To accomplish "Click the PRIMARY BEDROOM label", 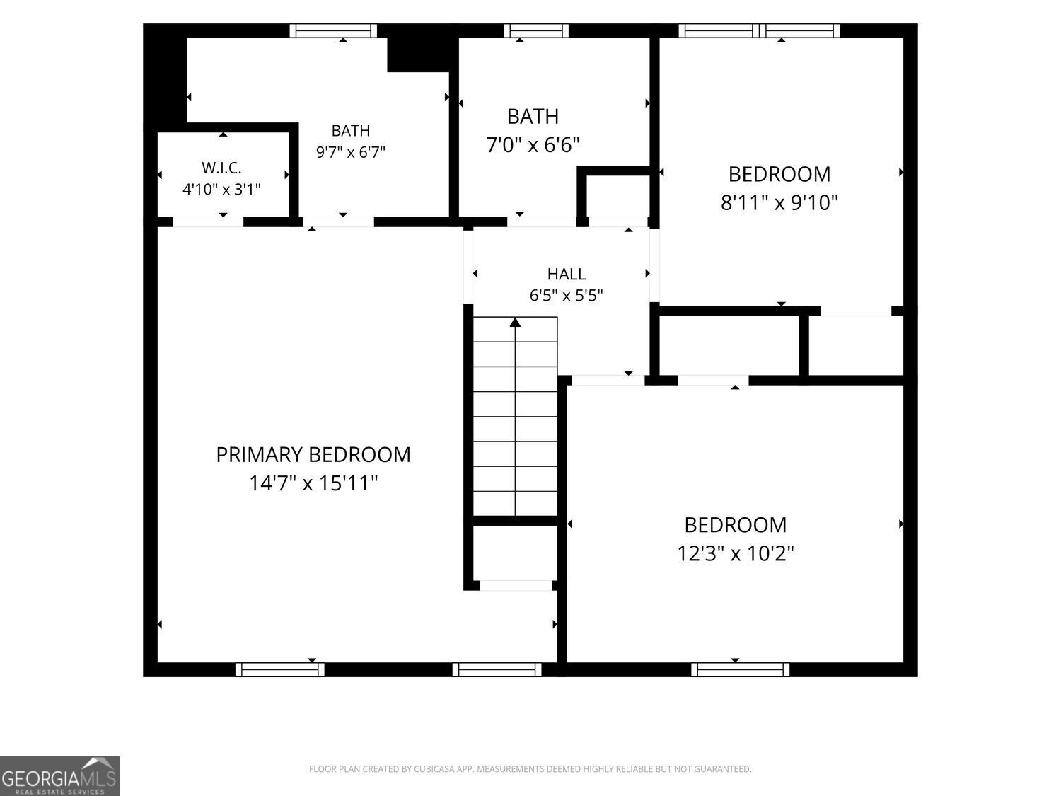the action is click(313, 455).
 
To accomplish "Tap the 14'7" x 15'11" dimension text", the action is click(313, 483).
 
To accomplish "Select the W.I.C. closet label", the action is click(221, 168).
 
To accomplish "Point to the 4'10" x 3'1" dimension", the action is click(221, 189).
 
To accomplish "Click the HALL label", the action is click(567, 274).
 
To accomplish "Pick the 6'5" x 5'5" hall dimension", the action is click(567, 295).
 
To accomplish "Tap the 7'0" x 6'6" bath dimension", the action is click(533, 144).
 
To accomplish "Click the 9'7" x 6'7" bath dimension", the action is click(351, 152).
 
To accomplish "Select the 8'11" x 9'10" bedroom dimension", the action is click(779, 202).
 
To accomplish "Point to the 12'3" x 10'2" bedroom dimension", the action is click(735, 553).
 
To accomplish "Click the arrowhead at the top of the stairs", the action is click(515, 323).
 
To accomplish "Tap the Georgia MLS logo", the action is click(59, 776).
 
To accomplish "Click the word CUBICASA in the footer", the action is click(433, 769).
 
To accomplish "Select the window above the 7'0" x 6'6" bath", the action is click(536, 30).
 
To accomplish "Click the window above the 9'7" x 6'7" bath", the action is click(333, 30).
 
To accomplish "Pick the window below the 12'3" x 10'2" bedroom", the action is click(740, 669).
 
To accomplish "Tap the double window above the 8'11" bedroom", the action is click(759, 30).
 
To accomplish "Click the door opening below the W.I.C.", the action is click(208, 222).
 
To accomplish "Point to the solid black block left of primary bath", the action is click(165, 77).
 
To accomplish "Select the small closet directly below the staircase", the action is click(514, 553).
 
